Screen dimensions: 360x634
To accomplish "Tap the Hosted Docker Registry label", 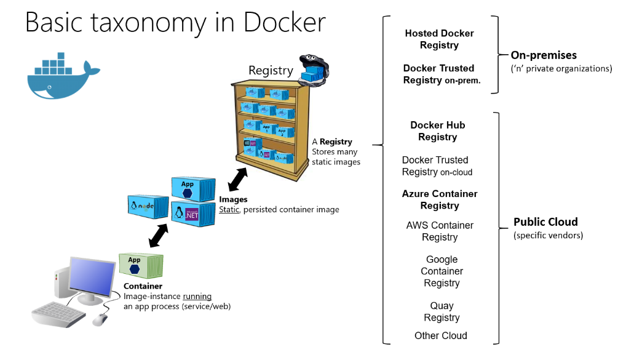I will point(439,39).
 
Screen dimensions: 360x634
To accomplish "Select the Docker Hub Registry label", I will point(438,131).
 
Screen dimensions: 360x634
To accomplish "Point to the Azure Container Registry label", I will point(439,199).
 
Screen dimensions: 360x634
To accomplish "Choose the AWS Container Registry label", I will point(440,231).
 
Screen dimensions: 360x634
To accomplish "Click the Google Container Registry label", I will point(442,271).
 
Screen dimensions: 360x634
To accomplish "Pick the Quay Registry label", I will point(442,311).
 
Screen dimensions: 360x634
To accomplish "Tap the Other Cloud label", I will point(440,335).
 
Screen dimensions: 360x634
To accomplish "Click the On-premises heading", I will point(544,55).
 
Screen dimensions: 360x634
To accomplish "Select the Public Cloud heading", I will point(545,222).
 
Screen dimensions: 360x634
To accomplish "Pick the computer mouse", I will point(100,319).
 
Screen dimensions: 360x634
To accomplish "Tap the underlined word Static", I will point(229,209).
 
